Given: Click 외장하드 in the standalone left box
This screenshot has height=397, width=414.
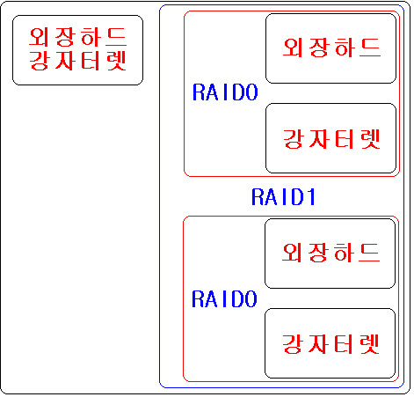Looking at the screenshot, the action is click(78, 37).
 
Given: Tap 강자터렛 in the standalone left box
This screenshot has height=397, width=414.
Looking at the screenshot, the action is click(78, 61).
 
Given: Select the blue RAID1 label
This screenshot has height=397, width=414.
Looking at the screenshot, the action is click(283, 196).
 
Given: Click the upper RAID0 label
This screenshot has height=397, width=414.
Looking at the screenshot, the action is click(225, 92).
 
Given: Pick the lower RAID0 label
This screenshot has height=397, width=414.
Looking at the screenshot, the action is click(224, 299).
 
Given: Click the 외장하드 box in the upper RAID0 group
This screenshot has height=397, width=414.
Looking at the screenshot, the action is click(330, 48).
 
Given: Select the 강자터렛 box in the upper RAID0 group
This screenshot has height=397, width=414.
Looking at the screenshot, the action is click(330, 138).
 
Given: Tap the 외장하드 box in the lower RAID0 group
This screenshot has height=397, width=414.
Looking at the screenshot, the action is click(330, 254).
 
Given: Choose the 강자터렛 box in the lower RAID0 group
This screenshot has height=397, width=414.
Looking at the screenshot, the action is click(330, 343).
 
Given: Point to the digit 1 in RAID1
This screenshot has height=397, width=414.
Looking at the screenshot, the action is click(311, 196).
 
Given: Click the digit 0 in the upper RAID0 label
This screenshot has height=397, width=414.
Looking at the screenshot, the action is click(251, 92).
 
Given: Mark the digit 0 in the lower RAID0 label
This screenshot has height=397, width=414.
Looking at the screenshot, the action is click(251, 299).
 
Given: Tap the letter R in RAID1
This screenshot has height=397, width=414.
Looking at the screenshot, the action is click(258, 196).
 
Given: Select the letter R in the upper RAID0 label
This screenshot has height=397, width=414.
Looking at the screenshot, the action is click(199, 92).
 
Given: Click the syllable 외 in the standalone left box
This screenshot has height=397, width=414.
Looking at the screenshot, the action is click(39, 37).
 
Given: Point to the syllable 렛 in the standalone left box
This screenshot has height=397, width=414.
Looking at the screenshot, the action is click(117, 61).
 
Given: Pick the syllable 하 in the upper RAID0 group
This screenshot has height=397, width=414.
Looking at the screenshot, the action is click(345, 48).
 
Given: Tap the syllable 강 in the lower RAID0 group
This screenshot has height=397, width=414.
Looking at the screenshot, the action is click(292, 343).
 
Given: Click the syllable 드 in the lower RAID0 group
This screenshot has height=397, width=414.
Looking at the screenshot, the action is click(370, 253).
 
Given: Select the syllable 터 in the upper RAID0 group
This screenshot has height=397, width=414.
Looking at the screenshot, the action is click(345, 139).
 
